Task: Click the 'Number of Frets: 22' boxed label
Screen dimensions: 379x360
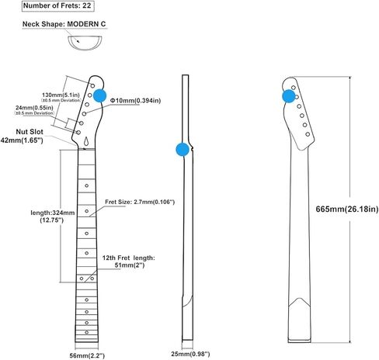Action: click(x=57, y=6)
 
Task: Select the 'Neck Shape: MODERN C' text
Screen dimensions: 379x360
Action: click(x=64, y=24)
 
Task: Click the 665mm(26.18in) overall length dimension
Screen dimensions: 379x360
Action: click(x=347, y=209)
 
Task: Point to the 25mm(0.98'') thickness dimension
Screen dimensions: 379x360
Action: click(x=190, y=354)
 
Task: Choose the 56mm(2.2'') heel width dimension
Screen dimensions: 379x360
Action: click(x=87, y=355)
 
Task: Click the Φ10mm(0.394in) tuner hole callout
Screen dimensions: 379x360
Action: click(x=135, y=100)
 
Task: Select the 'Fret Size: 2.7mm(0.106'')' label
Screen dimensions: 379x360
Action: click(x=140, y=202)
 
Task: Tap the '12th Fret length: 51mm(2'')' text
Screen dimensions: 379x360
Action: click(x=129, y=261)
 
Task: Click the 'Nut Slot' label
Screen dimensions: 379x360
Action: click(x=30, y=132)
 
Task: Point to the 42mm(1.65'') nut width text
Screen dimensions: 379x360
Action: click(x=22, y=140)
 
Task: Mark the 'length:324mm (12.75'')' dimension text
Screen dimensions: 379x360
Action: click(x=53, y=216)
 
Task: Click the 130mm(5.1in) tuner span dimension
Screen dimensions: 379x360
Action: click(x=61, y=95)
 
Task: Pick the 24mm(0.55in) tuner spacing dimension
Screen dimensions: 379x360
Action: click(x=34, y=108)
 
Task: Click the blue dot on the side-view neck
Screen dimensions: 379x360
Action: click(x=183, y=150)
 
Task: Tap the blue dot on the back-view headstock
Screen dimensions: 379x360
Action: click(x=289, y=96)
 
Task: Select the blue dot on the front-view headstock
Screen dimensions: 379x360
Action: click(x=99, y=96)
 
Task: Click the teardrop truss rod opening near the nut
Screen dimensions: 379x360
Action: click(x=87, y=141)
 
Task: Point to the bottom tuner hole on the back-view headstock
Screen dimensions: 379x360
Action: click(x=308, y=134)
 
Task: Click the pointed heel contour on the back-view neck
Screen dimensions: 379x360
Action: click(x=299, y=299)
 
